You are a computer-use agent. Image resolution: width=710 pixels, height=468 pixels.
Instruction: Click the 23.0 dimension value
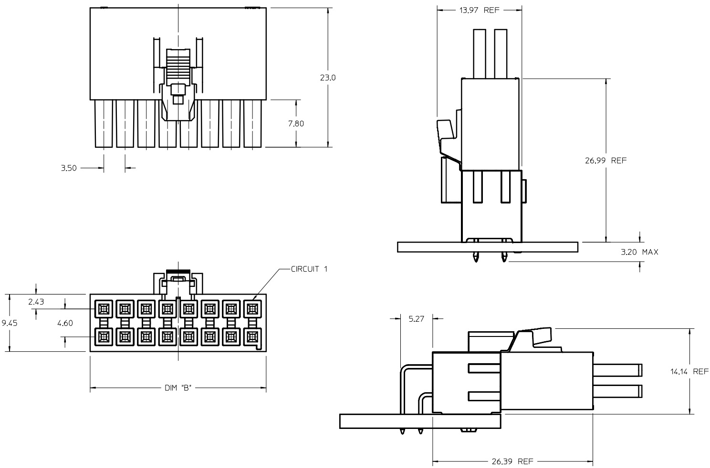[x=327, y=77]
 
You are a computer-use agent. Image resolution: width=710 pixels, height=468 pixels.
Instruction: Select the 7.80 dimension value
[x=296, y=123]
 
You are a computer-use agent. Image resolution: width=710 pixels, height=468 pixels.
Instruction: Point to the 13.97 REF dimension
[x=479, y=10]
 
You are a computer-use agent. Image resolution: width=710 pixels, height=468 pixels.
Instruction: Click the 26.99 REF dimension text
[x=606, y=161]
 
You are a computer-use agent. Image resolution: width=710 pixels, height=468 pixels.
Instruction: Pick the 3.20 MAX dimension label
[x=639, y=252]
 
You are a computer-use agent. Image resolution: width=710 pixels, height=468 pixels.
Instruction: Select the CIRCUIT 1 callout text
[x=309, y=269]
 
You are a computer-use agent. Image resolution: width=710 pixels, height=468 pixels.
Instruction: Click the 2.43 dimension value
[x=36, y=301]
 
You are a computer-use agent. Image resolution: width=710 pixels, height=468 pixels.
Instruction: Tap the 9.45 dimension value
[x=10, y=323]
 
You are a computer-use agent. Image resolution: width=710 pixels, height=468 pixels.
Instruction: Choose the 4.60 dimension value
[x=65, y=323]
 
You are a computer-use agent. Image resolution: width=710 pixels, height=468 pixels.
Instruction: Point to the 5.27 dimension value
[x=417, y=318]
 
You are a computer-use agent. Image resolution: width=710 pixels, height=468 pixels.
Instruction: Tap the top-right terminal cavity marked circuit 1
[x=251, y=309]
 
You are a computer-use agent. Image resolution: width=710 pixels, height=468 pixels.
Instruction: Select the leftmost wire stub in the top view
[x=104, y=123]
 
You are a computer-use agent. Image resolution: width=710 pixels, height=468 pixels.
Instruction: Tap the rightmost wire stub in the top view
[x=252, y=123]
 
